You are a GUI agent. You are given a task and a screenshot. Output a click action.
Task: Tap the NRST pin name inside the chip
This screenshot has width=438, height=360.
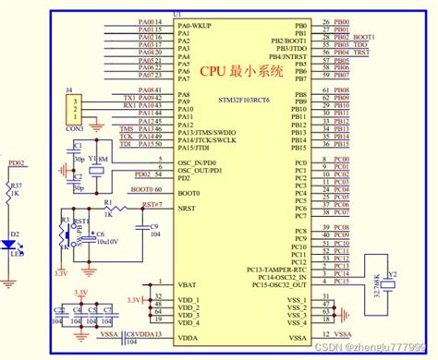(187, 207)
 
